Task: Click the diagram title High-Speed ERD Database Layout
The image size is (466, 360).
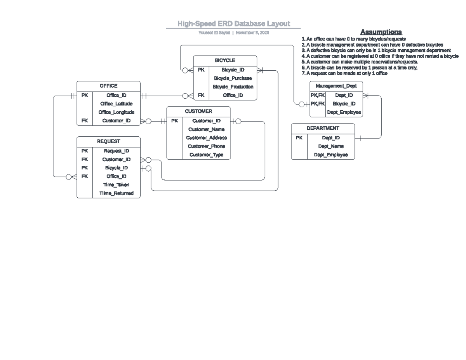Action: [x=233, y=24]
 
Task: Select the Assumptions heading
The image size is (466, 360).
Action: [x=381, y=32]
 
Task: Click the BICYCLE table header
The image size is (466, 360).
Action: [x=225, y=61]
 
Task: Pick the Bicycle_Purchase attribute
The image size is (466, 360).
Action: [x=233, y=78]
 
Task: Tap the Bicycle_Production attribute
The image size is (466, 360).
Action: [x=233, y=87]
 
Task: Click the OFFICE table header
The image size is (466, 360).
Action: [x=108, y=86]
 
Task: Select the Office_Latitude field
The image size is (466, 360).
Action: [x=116, y=104]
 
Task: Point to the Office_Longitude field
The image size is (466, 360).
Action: [x=116, y=112]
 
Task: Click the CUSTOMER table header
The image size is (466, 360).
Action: [x=198, y=111]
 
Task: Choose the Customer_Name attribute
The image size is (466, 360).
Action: [x=206, y=129]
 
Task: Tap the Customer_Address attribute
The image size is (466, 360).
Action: [x=206, y=138]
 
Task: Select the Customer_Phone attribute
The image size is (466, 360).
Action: [x=206, y=146]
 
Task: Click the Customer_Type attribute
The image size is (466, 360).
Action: [x=206, y=155]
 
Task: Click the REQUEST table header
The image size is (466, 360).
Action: [x=108, y=142]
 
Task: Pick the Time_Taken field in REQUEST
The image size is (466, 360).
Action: [x=116, y=185]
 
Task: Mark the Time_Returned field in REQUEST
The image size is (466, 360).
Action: [x=116, y=193]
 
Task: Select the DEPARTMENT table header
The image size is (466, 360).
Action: [x=323, y=128]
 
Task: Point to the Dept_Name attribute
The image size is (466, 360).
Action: [x=331, y=146]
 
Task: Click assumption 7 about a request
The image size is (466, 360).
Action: [x=344, y=73]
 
